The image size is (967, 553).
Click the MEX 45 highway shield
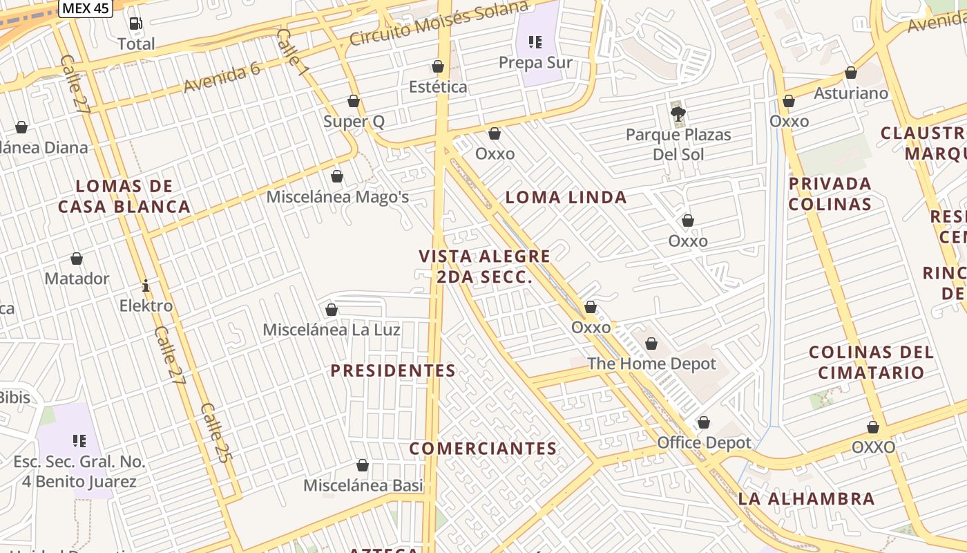pyautogui.click(x=85, y=8)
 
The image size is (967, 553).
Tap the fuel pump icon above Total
pyautogui.click(x=136, y=24)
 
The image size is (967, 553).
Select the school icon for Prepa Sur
pyautogui.click(x=535, y=42)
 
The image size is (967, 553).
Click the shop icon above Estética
pyautogui.click(x=437, y=66)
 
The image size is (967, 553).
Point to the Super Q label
pyautogui.click(x=354, y=122)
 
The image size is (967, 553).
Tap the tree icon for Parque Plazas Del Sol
pyautogui.click(x=678, y=114)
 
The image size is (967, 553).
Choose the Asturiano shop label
pyautogui.click(x=851, y=93)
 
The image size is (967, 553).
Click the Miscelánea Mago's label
pyautogui.click(x=337, y=197)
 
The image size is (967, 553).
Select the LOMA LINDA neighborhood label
pyautogui.click(x=566, y=198)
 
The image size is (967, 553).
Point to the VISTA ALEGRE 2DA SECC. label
pyautogui.click(x=484, y=267)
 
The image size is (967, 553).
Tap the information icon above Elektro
pyautogui.click(x=146, y=285)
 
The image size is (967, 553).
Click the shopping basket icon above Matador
pyautogui.click(x=77, y=259)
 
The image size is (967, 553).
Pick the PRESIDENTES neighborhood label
pyautogui.click(x=392, y=371)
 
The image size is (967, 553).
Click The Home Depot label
pyautogui.click(x=651, y=364)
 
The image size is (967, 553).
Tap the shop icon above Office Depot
pyautogui.click(x=703, y=422)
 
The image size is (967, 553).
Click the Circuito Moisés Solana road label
pyautogui.click(x=439, y=24)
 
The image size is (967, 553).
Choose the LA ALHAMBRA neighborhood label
pyautogui.click(x=806, y=498)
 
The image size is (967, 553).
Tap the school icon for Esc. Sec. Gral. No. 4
pyautogui.click(x=79, y=441)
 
